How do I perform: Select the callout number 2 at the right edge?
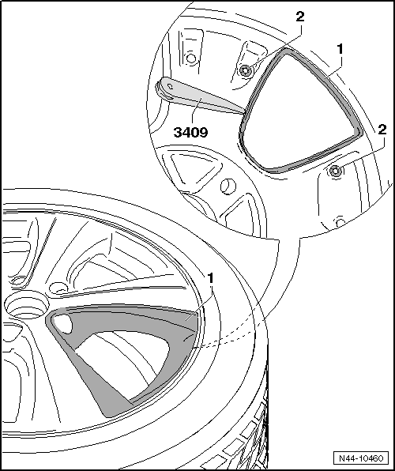[x=382, y=129]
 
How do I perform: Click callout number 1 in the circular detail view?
[x=339, y=49]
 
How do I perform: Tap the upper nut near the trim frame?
[x=246, y=70]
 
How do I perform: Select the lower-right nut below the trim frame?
[x=337, y=171]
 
